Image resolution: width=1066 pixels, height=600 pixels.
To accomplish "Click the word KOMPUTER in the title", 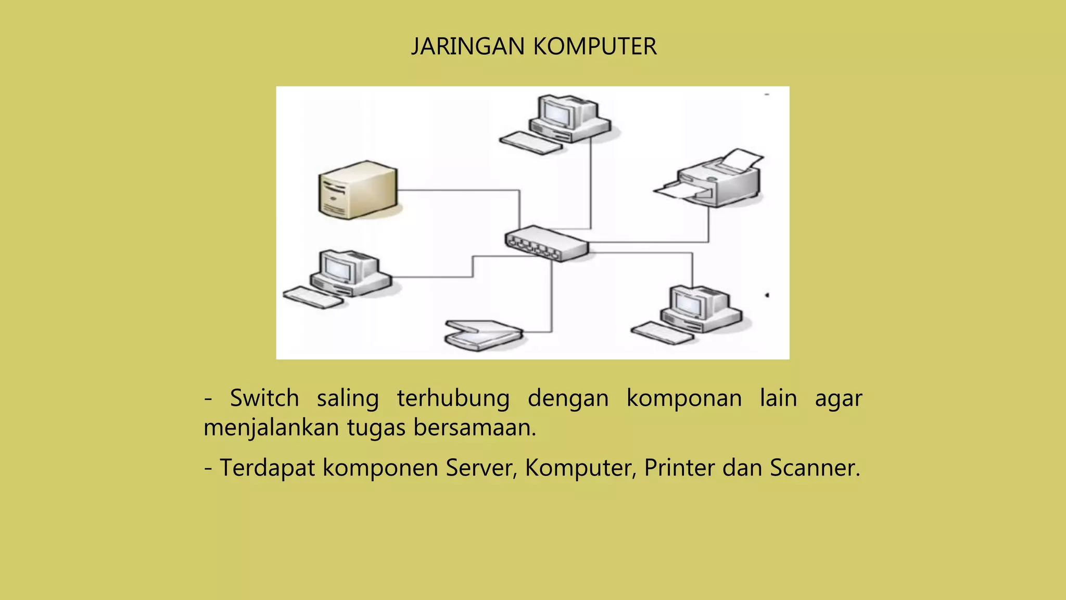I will click(595, 47).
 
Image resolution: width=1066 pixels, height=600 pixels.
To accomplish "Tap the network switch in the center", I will click(547, 243).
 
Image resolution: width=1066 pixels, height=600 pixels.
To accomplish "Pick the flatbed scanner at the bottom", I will click(483, 335).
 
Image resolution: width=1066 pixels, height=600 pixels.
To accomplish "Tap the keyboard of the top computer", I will click(531, 143).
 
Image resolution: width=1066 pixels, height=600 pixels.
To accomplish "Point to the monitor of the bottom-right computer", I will click(688, 303).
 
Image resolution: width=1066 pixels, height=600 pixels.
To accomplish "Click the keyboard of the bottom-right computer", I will click(662, 333).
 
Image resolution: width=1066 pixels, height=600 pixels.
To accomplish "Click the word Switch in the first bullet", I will click(264, 398).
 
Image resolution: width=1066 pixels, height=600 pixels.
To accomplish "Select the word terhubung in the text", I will click(453, 398).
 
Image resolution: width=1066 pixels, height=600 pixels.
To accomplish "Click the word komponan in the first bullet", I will click(684, 398).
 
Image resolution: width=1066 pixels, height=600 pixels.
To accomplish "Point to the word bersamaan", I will click(474, 428).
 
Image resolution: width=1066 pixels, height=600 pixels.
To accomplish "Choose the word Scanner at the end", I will click(815, 468).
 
